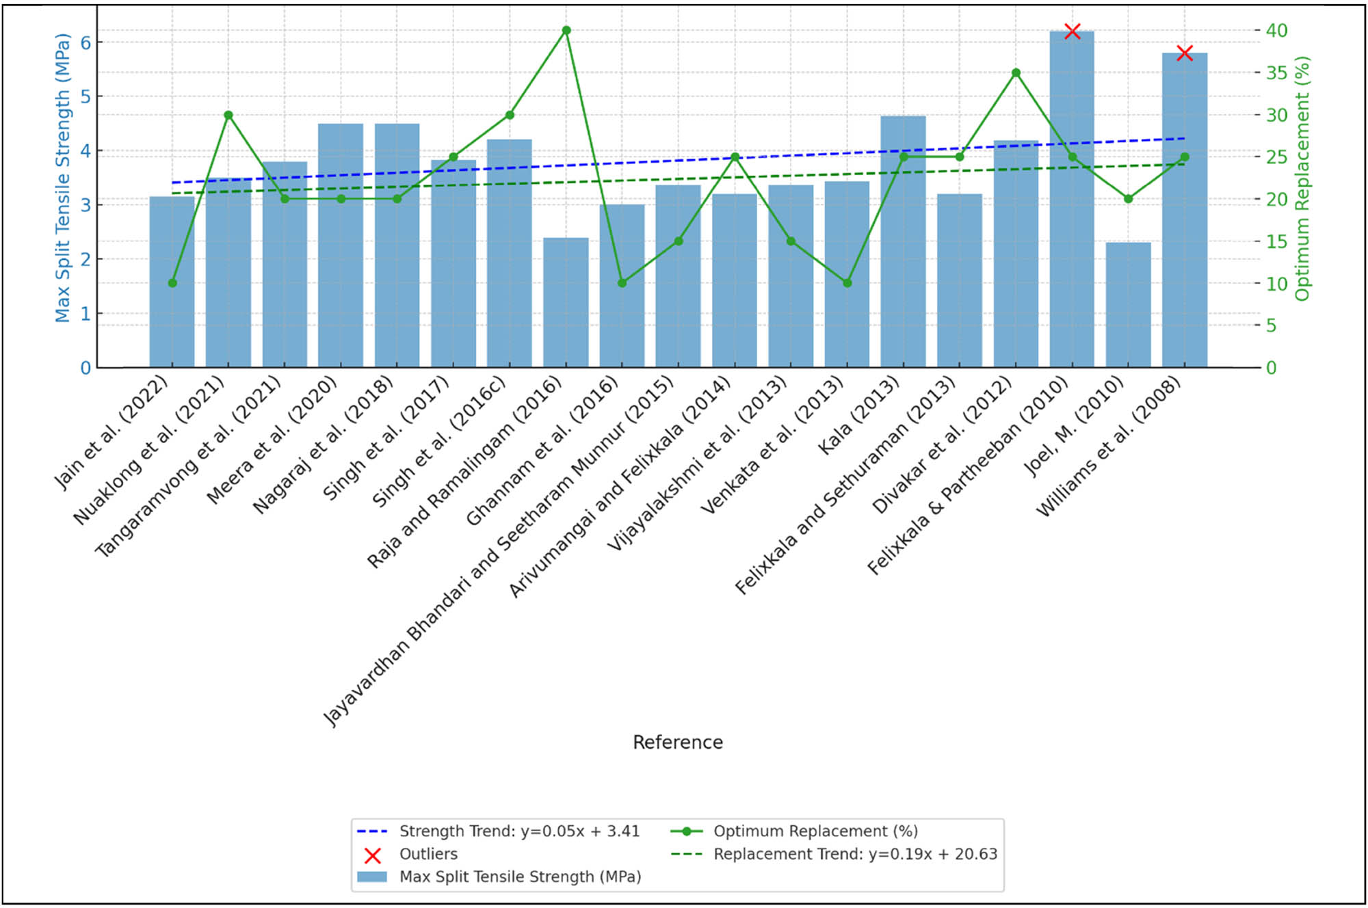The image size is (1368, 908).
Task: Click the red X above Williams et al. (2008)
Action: (x=1185, y=53)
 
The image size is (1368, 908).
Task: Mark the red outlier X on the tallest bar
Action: (x=1073, y=31)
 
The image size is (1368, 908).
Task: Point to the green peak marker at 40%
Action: (x=566, y=30)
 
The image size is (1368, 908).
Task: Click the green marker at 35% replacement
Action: (x=1016, y=72)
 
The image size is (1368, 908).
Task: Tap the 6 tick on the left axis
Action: (x=85, y=42)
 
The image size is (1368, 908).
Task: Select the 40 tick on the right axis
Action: (x=1276, y=30)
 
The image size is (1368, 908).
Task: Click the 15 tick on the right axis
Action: (x=1276, y=241)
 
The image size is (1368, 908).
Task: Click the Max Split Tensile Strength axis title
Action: (x=62, y=178)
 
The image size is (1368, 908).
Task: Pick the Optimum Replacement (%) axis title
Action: (x=1302, y=178)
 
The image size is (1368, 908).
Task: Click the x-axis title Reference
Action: (x=677, y=743)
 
